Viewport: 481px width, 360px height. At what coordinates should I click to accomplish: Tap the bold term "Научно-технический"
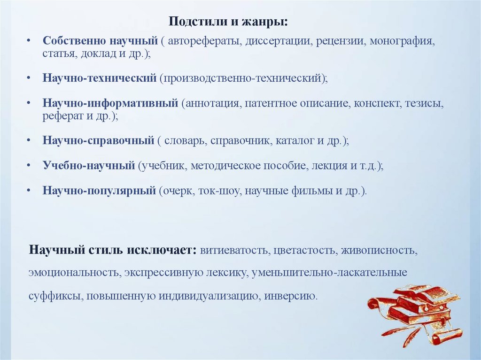[x=99, y=77]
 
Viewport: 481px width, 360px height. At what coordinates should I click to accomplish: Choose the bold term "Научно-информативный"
[x=110, y=103]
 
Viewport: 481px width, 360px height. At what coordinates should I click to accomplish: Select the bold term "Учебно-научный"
[x=89, y=166]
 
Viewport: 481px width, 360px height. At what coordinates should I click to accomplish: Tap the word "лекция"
[x=328, y=166]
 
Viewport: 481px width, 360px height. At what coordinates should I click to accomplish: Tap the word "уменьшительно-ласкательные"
[x=329, y=273]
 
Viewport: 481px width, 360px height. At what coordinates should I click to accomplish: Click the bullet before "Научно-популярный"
[x=29, y=191]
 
